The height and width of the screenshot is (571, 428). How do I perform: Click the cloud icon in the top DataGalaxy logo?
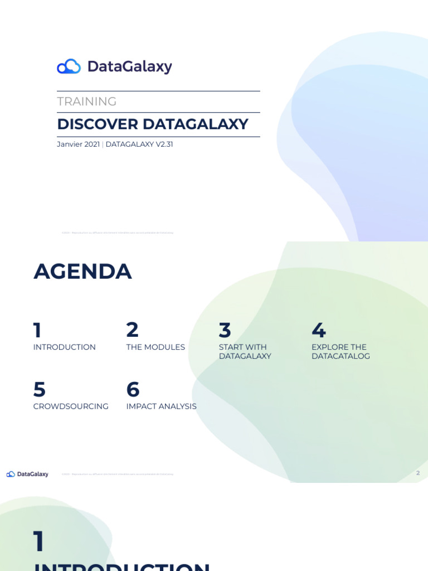click(x=69, y=66)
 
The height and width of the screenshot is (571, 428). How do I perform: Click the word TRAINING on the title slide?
click(x=86, y=101)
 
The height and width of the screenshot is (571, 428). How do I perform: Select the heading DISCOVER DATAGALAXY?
click(x=152, y=124)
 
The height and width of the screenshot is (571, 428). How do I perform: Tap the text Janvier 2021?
click(x=78, y=144)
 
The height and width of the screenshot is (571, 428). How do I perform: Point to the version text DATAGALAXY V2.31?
click(x=139, y=144)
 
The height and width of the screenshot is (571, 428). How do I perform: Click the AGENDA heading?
click(x=82, y=272)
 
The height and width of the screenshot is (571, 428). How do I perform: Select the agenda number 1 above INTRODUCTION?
click(x=37, y=330)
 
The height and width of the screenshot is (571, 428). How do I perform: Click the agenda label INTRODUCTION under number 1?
click(x=64, y=347)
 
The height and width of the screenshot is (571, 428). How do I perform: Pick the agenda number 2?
click(x=132, y=330)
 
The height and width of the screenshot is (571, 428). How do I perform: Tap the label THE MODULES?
click(x=155, y=347)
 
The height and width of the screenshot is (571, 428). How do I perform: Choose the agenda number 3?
click(x=225, y=331)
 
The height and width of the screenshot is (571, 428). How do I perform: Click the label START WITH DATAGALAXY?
click(x=245, y=351)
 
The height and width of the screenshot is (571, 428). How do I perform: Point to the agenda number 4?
click(x=318, y=331)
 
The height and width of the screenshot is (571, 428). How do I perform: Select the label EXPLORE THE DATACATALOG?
click(x=341, y=351)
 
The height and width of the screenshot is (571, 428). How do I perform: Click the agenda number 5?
click(x=39, y=390)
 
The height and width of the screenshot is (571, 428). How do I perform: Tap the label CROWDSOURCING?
click(x=71, y=407)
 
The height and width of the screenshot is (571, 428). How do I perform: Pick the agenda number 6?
click(x=133, y=390)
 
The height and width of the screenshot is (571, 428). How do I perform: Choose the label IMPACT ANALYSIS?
click(x=161, y=407)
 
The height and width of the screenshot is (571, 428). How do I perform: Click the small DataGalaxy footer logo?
click(x=27, y=474)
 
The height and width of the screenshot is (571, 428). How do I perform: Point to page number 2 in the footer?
click(x=418, y=473)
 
